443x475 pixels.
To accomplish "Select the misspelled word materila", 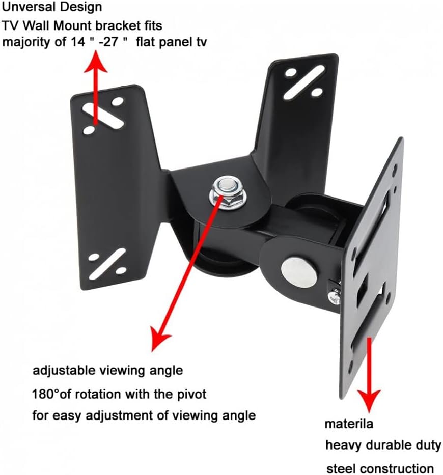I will click(349, 424).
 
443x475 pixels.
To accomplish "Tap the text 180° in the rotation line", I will click(49, 394).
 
